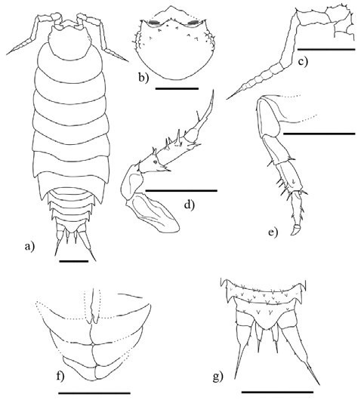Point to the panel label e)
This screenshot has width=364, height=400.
pos(273,231)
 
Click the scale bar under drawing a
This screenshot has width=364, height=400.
pos(73,261)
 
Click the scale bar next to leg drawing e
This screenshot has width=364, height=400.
pos(319,134)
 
